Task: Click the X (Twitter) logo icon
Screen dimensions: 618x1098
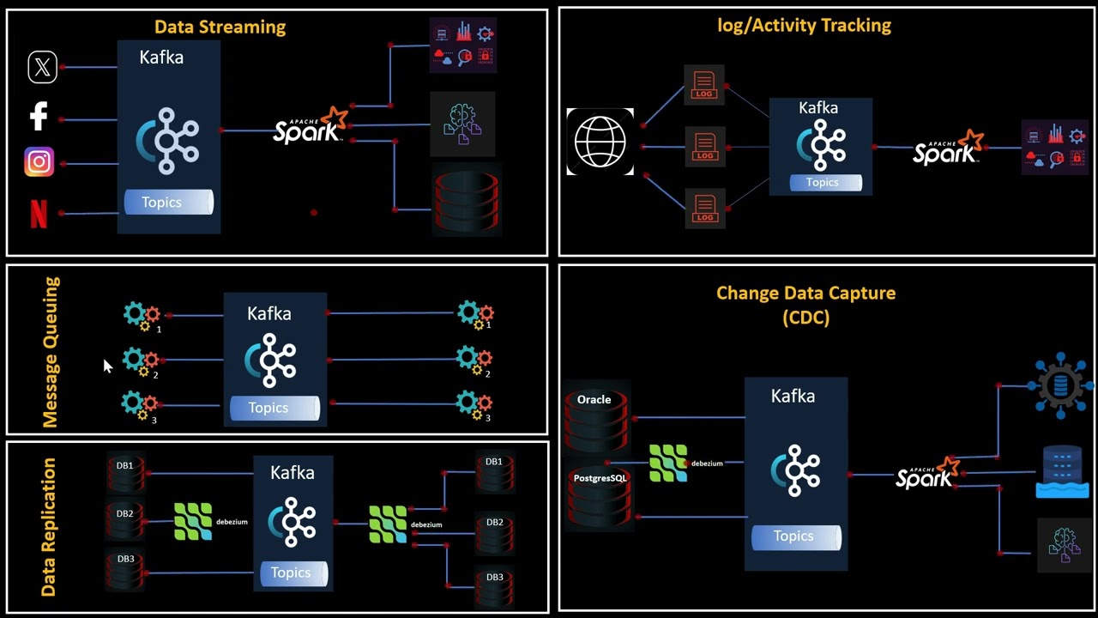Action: click(x=42, y=67)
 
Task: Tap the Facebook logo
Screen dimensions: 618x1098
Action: click(x=39, y=116)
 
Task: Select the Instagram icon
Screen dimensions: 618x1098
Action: click(x=39, y=162)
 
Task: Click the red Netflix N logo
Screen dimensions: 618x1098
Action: click(x=39, y=214)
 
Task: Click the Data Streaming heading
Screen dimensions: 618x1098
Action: click(x=220, y=27)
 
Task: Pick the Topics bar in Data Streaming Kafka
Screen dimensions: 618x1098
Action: click(x=168, y=203)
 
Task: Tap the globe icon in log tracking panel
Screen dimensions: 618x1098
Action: click(x=600, y=142)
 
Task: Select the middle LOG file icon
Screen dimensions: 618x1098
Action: click(x=705, y=146)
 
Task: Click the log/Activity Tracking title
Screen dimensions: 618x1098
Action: click(x=804, y=26)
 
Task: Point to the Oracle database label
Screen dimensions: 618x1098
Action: click(x=594, y=400)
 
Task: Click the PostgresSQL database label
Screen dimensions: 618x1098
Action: click(x=600, y=478)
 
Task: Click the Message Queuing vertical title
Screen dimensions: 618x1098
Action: click(x=51, y=352)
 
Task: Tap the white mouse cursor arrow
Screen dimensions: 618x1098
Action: click(x=107, y=367)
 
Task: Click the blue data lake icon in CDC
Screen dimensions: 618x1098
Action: click(x=1062, y=472)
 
